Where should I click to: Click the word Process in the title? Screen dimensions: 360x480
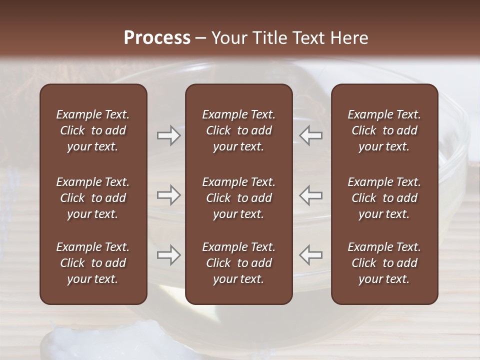coord(157,38)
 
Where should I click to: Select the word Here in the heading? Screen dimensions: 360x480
coord(349,38)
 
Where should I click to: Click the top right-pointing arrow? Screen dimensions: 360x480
coord(169,135)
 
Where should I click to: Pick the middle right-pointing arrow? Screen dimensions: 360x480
coord(169,195)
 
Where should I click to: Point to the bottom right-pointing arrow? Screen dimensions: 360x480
coord(169,255)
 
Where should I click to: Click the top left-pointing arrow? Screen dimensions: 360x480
coord(310,135)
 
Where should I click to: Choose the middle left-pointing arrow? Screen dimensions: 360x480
coord(310,195)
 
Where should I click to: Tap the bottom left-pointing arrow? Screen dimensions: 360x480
coord(310,255)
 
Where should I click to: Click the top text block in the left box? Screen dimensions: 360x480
coord(93,130)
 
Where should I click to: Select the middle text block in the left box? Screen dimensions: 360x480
coord(93,198)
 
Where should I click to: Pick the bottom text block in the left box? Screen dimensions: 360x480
coord(93,263)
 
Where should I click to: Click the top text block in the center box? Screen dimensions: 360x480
coord(238,130)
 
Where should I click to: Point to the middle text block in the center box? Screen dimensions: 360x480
coord(238,198)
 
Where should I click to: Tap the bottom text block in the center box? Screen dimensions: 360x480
coord(238,263)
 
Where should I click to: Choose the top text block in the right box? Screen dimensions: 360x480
coord(384,130)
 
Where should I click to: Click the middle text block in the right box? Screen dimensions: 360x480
coord(384,198)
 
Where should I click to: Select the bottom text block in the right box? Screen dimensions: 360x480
coord(384,263)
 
